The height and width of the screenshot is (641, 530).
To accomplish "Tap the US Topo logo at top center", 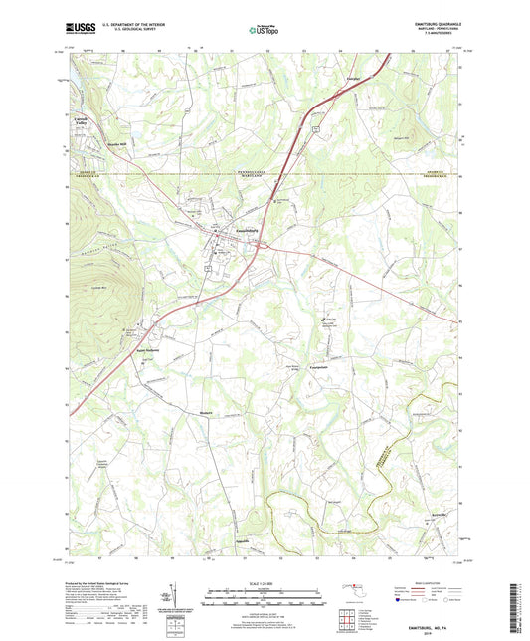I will (264, 30).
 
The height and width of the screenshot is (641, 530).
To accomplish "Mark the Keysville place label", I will (441, 516).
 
